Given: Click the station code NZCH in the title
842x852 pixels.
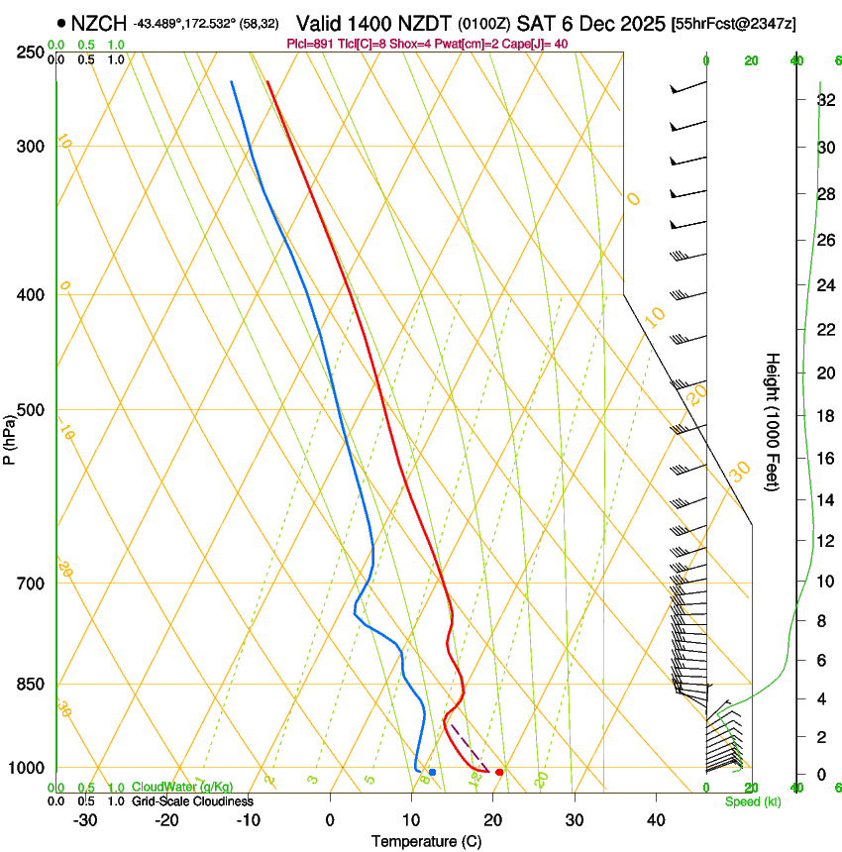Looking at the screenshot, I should point(98,23).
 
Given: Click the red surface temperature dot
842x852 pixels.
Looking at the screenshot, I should point(499,772).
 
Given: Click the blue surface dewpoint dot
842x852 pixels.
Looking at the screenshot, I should point(433,772).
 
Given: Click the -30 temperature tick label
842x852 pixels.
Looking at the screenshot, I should point(85,820).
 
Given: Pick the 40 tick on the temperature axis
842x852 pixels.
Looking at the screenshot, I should point(656,820).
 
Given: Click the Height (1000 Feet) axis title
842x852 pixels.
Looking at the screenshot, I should point(773,422).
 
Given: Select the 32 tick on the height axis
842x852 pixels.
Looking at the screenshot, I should point(799,100).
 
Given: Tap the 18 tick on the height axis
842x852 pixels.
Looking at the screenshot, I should point(799,416).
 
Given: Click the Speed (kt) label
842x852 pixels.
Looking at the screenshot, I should point(752,801).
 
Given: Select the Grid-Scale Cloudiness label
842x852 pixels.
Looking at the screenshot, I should point(192,800).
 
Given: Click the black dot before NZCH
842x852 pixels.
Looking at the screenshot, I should point(62,23).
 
